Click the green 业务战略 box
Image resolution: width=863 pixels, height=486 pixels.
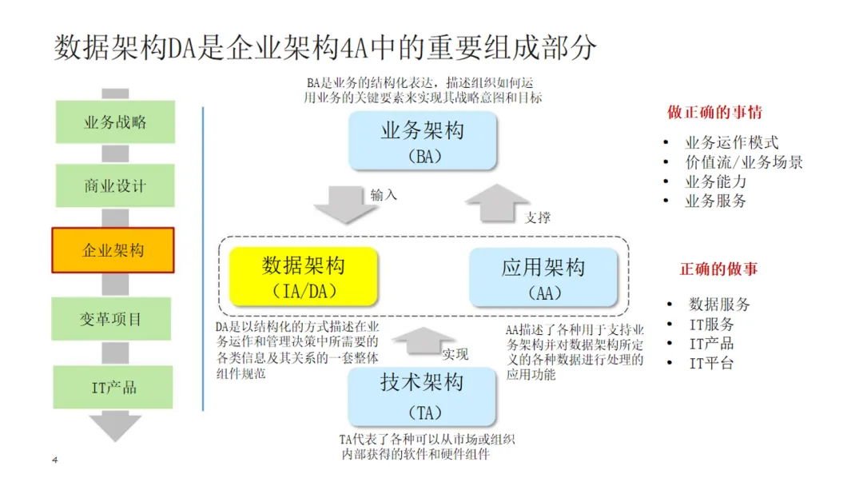115,122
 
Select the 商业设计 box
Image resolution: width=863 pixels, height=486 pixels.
115,185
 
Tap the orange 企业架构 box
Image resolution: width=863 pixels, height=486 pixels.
113,250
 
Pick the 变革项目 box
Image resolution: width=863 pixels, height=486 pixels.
113,319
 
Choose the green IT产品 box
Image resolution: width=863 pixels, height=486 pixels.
113,387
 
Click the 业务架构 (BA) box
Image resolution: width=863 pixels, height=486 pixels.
423,141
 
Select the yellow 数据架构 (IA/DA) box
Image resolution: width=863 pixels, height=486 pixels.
303,277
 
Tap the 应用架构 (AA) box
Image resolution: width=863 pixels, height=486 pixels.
543,277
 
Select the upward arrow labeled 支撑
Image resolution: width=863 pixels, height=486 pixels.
497,204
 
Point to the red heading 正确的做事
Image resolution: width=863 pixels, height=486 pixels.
718,269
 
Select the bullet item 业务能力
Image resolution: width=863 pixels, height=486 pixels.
716,181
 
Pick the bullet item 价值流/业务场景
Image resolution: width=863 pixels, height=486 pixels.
743,162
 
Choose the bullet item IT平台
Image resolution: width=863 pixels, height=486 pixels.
711,364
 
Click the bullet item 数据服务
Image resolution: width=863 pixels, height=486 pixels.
719,305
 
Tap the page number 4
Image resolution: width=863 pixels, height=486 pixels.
54,460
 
